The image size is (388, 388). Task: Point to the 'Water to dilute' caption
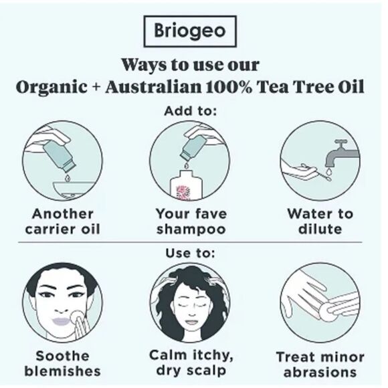coord(320,221)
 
